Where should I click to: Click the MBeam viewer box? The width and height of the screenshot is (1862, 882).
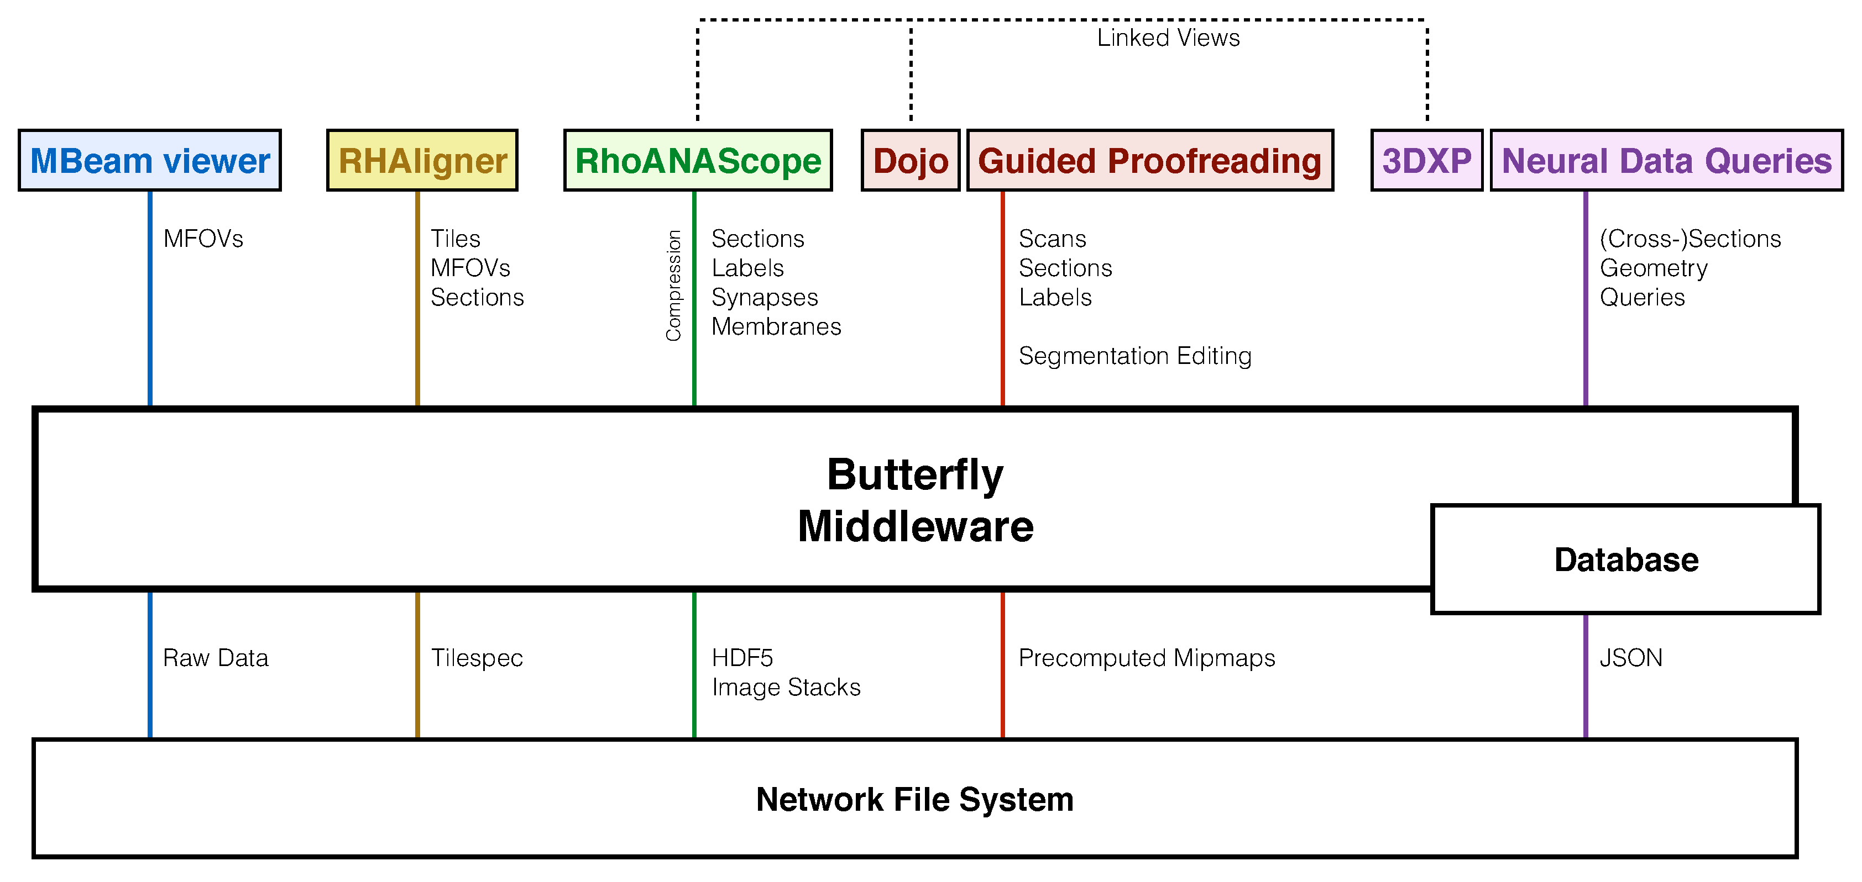tap(150, 160)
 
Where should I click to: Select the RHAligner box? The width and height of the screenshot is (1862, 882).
tap(422, 160)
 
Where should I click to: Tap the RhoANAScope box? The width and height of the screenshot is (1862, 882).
tap(698, 160)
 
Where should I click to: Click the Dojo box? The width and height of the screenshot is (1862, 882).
tap(910, 160)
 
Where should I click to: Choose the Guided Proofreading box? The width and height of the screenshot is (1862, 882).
tap(1149, 160)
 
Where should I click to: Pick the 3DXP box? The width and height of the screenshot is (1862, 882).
tap(1426, 160)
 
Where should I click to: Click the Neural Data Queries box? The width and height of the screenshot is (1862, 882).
tap(1666, 160)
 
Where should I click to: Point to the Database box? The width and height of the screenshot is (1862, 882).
tap(1625, 560)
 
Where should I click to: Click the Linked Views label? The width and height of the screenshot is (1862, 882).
tap(1168, 38)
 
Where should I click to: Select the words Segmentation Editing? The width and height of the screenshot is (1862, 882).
tap(1135, 356)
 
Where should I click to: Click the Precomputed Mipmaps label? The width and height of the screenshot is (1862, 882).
tap(1147, 658)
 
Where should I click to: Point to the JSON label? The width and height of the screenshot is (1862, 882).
tap(1631, 658)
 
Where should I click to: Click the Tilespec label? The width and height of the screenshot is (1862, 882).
tap(477, 658)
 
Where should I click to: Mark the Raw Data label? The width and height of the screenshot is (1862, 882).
tap(216, 658)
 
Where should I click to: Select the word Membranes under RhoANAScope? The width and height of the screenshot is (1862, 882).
tap(776, 326)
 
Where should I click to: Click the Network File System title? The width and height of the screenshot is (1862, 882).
tap(914, 800)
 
